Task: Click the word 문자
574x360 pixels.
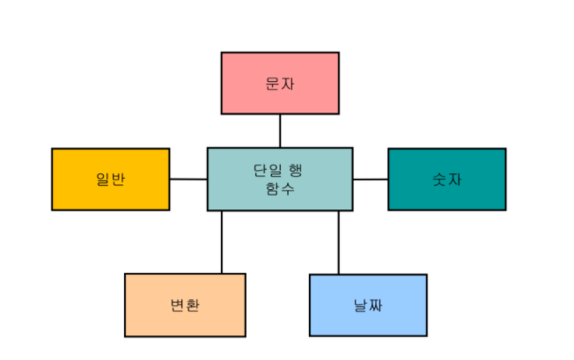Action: (x=280, y=83)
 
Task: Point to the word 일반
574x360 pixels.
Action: (x=111, y=179)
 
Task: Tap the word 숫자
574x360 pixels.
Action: (x=447, y=179)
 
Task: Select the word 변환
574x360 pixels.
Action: (x=185, y=305)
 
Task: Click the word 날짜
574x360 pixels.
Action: (x=368, y=305)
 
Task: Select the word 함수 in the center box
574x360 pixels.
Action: (x=280, y=187)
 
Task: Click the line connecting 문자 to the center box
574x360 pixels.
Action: (x=280, y=130)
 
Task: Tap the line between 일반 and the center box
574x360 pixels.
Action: (x=188, y=179)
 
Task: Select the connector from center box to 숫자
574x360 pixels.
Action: (x=370, y=179)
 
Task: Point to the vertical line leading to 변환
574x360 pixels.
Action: (x=221, y=242)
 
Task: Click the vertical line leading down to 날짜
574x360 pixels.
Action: (x=339, y=243)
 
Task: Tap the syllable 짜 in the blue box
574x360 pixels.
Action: (x=376, y=305)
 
